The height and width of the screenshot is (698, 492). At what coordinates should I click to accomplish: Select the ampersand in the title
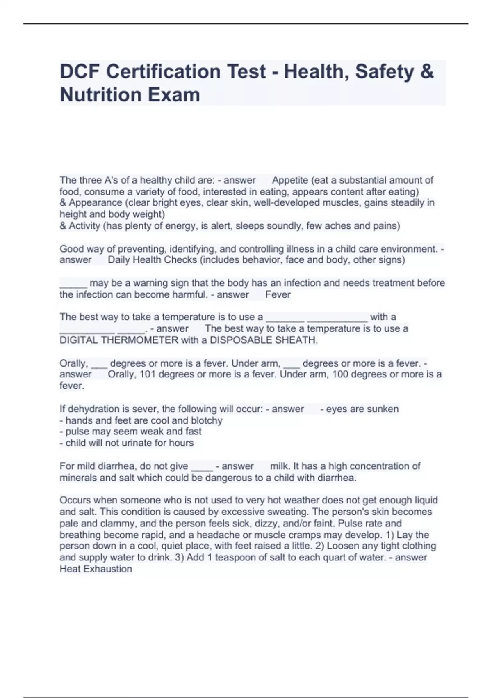pyautogui.click(x=427, y=71)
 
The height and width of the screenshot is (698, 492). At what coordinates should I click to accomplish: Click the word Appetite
pyautogui.click(x=290, y=180)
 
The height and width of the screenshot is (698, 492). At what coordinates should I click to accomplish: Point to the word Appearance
pyautogui.click(x=96, y=203)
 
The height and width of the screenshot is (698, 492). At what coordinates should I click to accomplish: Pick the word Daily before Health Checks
pyautogui.click(x=118, y=260)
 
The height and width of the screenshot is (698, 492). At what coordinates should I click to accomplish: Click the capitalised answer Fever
pyautogui.click(x=278, y=294)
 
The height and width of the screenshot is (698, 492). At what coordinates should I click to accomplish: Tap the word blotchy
pyautogui.click(x=207, y=420)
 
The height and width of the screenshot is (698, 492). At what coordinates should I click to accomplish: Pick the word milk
pyautogui.click(x=279, y=466)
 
